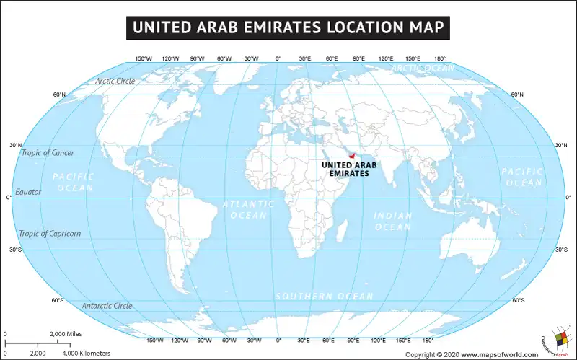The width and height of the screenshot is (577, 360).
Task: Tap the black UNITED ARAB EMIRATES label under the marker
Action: point(349,170)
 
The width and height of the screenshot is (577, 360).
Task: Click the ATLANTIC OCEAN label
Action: point(248,210)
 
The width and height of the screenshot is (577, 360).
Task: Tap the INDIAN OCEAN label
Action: point(392,221)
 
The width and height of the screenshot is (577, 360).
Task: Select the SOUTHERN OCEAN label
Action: point(324,297)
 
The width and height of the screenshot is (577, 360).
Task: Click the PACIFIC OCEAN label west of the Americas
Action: point(73,182)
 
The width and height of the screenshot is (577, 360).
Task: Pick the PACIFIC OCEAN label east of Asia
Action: point(521,177)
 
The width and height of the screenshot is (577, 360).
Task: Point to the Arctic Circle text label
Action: point(115,81)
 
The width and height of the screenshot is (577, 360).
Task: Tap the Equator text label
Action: point(28,192)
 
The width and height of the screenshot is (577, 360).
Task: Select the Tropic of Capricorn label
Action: point(50,234)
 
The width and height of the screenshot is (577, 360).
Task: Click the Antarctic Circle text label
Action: point(107,306)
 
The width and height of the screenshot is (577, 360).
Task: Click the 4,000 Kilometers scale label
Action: point(87,353)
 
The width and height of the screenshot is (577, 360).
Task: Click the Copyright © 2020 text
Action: point(432,354)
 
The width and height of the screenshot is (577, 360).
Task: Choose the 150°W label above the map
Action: point(144,59)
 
